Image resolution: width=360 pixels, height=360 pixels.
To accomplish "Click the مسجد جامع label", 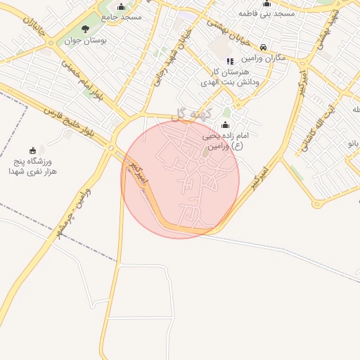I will point(121,15).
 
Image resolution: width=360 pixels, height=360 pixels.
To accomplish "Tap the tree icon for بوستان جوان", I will point(86,30).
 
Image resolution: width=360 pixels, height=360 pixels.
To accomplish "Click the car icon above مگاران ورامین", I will point(264,46).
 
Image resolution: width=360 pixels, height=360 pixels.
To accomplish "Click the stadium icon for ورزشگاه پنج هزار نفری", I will point(32,150).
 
